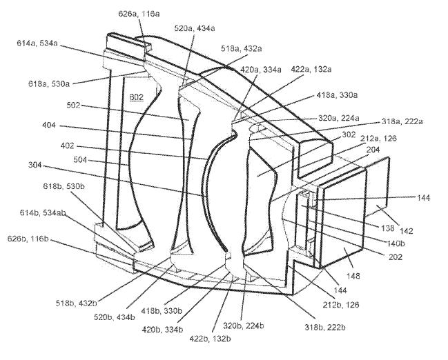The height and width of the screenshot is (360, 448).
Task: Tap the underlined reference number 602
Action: click(135, 98)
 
